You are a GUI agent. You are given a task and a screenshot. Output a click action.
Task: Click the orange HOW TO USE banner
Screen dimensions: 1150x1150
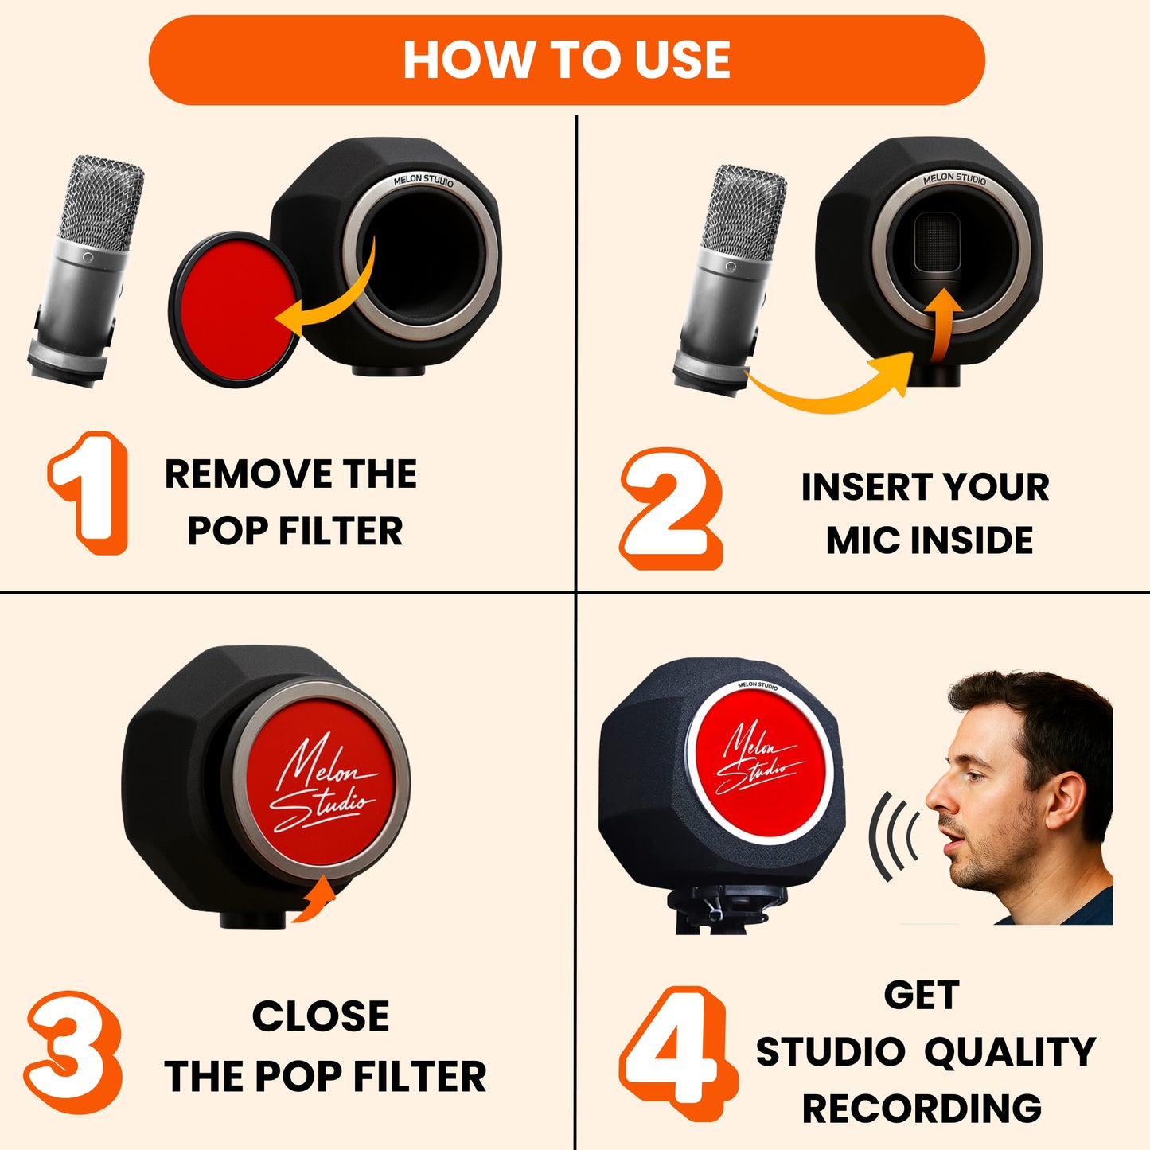point(567,60)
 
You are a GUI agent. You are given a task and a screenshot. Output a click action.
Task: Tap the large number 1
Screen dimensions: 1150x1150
point(89,493)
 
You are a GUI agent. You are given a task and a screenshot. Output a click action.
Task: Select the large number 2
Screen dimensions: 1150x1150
point(671,509)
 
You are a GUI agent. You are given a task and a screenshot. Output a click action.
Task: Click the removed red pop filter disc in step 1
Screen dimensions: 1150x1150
point(235,309)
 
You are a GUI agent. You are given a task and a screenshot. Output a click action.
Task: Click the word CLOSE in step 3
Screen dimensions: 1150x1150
point(321,1016)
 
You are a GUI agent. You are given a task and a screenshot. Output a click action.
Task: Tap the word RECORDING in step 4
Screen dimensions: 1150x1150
point(922,1109)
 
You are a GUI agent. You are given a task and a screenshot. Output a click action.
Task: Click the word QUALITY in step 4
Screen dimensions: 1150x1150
point(1010,1051)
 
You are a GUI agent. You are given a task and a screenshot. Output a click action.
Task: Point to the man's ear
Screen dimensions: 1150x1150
point(1064,801)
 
